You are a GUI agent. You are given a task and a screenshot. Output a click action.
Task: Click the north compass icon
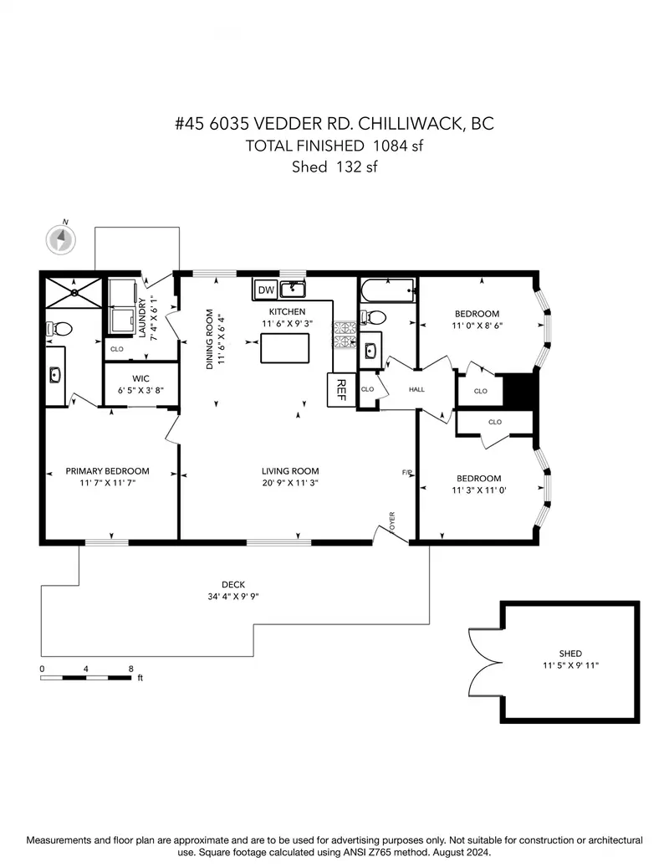coord(61,239)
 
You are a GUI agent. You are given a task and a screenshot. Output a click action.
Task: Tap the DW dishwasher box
coord(266,290)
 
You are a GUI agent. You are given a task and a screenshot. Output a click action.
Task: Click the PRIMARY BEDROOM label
coord(107,471)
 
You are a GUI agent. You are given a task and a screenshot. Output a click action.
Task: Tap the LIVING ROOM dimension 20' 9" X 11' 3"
coord(289,483)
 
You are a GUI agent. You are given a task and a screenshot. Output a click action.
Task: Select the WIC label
coord(140,378)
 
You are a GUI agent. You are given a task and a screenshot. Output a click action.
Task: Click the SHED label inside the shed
coord(570,654)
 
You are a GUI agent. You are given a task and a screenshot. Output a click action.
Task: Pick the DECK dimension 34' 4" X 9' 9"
coord(233,597)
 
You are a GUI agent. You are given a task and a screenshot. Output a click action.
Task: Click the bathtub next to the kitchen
coord(387,290)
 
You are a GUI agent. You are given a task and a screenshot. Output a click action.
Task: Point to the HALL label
coord(417,390)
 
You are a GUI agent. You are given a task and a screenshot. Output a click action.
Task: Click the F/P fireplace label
coord(407,474)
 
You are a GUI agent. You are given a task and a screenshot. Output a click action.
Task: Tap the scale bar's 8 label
coord(130,669)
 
